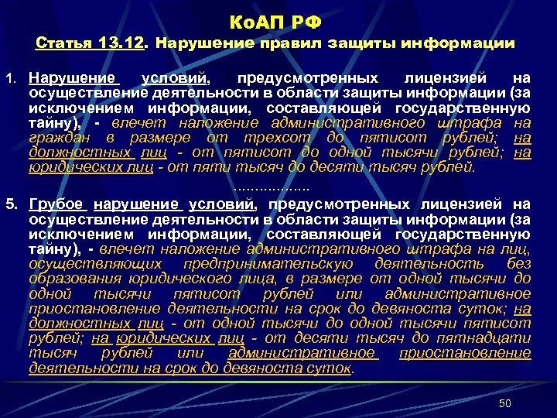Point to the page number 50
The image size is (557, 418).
coord(505,403)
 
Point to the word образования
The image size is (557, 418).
coord(69,279)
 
